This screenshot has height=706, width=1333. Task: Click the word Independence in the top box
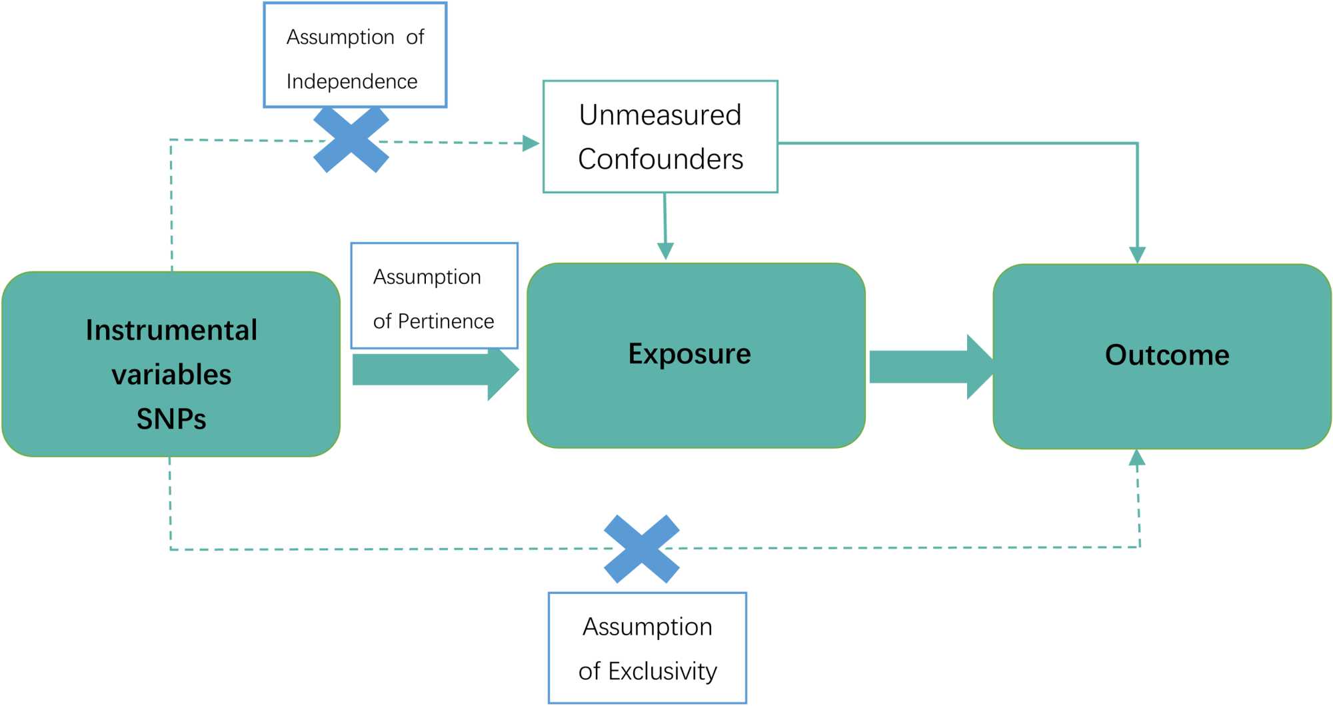(352, 81)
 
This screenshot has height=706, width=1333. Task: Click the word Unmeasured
(660, 115)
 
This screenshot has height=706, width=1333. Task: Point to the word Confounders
(660, 159)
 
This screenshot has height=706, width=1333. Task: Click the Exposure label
(689, 353)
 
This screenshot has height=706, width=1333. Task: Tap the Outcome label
(1167, 355)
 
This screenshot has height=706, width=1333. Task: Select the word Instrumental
(171, 330)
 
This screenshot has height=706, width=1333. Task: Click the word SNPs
(171, 419)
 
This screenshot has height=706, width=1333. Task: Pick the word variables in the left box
(171, 375)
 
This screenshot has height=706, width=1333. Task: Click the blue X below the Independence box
(351, 140)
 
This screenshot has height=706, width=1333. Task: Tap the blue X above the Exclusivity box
(641, 549)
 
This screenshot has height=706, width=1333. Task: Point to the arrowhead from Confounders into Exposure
(665, 251)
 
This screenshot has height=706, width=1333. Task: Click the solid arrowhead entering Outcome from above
(1137, 255)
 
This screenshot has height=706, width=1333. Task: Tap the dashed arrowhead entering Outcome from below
(1137, 458)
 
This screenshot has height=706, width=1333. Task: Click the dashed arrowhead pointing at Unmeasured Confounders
(531, 143)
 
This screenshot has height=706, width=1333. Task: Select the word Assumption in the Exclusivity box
(647, 627)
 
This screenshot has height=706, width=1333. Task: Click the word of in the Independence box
(415, 37)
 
